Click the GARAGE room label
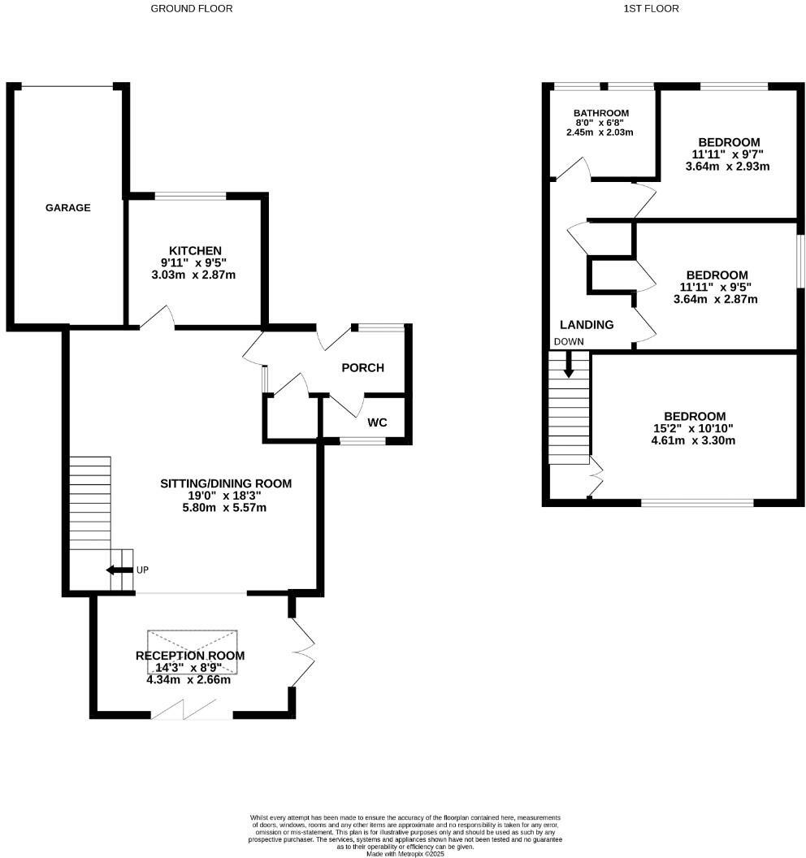[x=67, y=208]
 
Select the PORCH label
[x=362, y=368]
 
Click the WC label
[x=377, y=422]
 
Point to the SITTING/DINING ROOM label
[x=225, y=483]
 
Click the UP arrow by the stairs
[x=120, y=570]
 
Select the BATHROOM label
[x=601, y=113]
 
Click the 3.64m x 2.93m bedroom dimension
[x=727, y=167]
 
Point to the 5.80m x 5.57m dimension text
[x=225, y=508]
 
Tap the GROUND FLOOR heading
[x=192, y=9]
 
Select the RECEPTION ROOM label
[x=190, y=656]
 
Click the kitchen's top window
[x=190, y=195]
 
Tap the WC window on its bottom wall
[x=362, y=441]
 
